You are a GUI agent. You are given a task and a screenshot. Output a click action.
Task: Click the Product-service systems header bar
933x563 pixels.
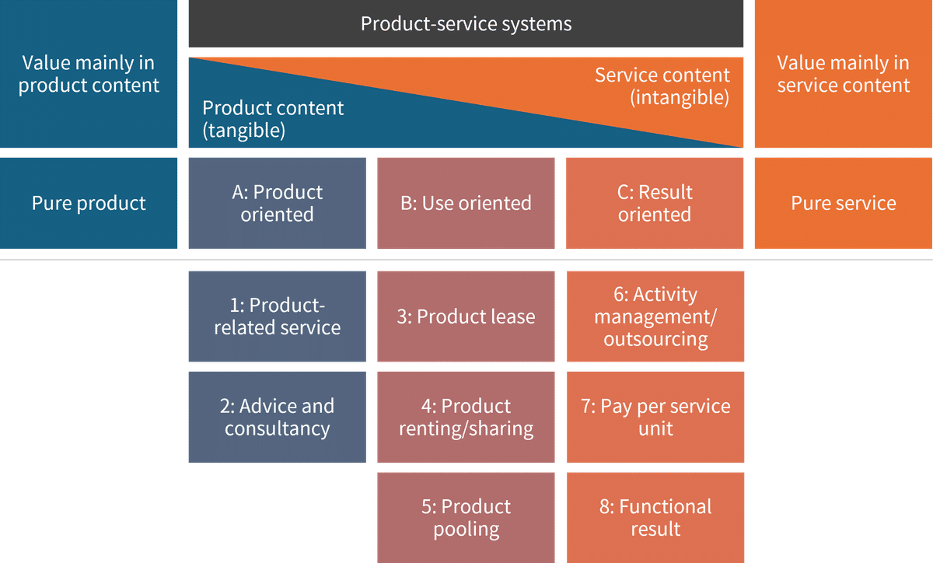point(466,24)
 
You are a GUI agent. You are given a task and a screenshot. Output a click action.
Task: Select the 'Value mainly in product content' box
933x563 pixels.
point(89,74)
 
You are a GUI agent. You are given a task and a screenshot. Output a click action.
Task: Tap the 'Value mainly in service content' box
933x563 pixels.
point(843,74)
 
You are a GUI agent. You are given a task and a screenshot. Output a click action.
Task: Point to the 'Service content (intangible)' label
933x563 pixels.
point(662,86)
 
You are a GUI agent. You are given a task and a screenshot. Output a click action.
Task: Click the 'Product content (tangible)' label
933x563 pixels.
point(272,119)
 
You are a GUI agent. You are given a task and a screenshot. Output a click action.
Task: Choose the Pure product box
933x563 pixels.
point(89,203)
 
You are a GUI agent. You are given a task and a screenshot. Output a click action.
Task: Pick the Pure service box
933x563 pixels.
point(843,203)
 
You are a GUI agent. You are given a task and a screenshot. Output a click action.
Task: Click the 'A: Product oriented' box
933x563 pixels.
point(277,203)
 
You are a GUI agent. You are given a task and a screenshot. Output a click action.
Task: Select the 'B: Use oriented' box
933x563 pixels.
point(466,203)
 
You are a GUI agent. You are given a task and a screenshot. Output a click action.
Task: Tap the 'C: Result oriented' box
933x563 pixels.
point(655,203)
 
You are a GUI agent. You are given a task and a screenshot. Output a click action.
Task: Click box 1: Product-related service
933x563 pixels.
point(277,316)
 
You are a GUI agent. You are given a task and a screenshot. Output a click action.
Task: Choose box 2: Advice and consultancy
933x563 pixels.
point(277,417)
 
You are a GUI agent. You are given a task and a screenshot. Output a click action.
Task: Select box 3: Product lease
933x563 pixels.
point(466,316)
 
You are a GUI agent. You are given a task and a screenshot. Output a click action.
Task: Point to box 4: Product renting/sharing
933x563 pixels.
point(466,417)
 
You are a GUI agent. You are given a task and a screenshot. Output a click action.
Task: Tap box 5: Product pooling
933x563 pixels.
point(466,517)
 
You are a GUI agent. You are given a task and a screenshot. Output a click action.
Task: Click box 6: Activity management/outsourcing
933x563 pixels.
point(655,316)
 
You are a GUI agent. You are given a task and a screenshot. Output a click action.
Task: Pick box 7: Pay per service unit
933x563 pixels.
point(655,417)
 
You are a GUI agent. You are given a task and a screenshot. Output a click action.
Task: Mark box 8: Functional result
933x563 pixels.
point(655,517)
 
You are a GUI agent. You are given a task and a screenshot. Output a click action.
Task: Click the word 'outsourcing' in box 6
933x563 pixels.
point(655,340)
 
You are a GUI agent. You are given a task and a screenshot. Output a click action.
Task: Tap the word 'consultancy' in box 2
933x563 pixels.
point(277,428)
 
